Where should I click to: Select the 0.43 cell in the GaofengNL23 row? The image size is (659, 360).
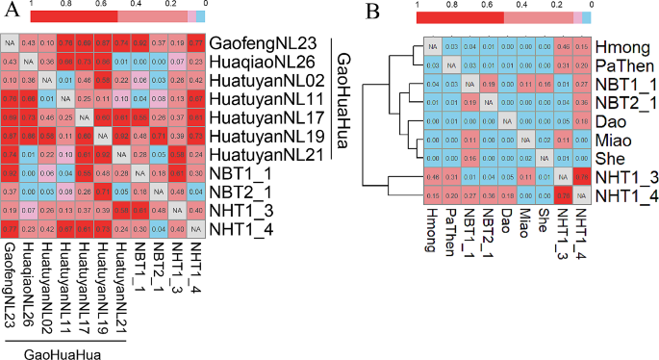pos(29,43)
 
